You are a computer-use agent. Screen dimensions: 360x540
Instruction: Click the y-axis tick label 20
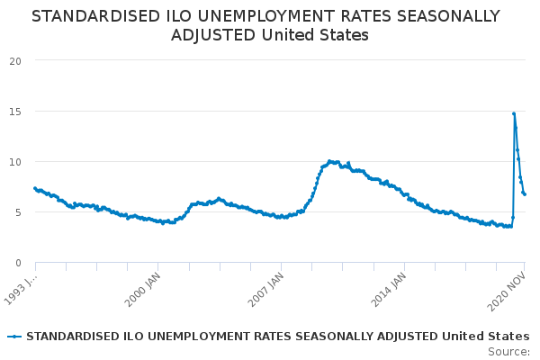15,60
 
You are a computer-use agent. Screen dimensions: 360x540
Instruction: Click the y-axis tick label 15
15,111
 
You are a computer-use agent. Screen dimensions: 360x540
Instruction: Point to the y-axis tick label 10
15,161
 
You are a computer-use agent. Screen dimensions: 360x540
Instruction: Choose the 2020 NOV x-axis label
508,291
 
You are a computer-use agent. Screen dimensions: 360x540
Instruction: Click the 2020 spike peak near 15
514,113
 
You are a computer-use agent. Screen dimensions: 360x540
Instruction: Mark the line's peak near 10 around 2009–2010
330,161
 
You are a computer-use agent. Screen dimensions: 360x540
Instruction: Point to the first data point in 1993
35,188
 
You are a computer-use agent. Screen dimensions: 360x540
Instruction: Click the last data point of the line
525,194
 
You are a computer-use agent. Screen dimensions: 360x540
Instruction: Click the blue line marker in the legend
14,337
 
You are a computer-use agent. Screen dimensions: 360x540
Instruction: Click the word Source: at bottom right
508,351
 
